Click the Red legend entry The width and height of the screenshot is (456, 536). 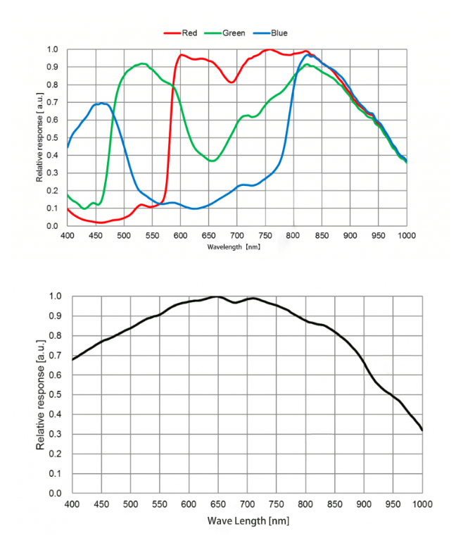184,32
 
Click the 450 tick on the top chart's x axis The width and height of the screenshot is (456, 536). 96,235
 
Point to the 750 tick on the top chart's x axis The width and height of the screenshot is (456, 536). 265,235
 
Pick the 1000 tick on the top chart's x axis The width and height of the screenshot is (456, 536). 406,235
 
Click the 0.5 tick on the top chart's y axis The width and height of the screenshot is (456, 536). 53,138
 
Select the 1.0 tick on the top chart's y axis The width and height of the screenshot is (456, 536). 53,50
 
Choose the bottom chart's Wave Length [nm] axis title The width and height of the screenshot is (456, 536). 248,521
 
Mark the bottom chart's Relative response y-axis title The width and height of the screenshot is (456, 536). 41,395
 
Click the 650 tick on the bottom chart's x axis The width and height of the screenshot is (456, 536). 217,504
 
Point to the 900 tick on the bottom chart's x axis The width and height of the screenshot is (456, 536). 364,504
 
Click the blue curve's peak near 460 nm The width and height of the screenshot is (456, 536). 103,104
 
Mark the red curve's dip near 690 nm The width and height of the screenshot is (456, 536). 232,82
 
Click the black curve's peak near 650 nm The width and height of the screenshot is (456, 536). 217,297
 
